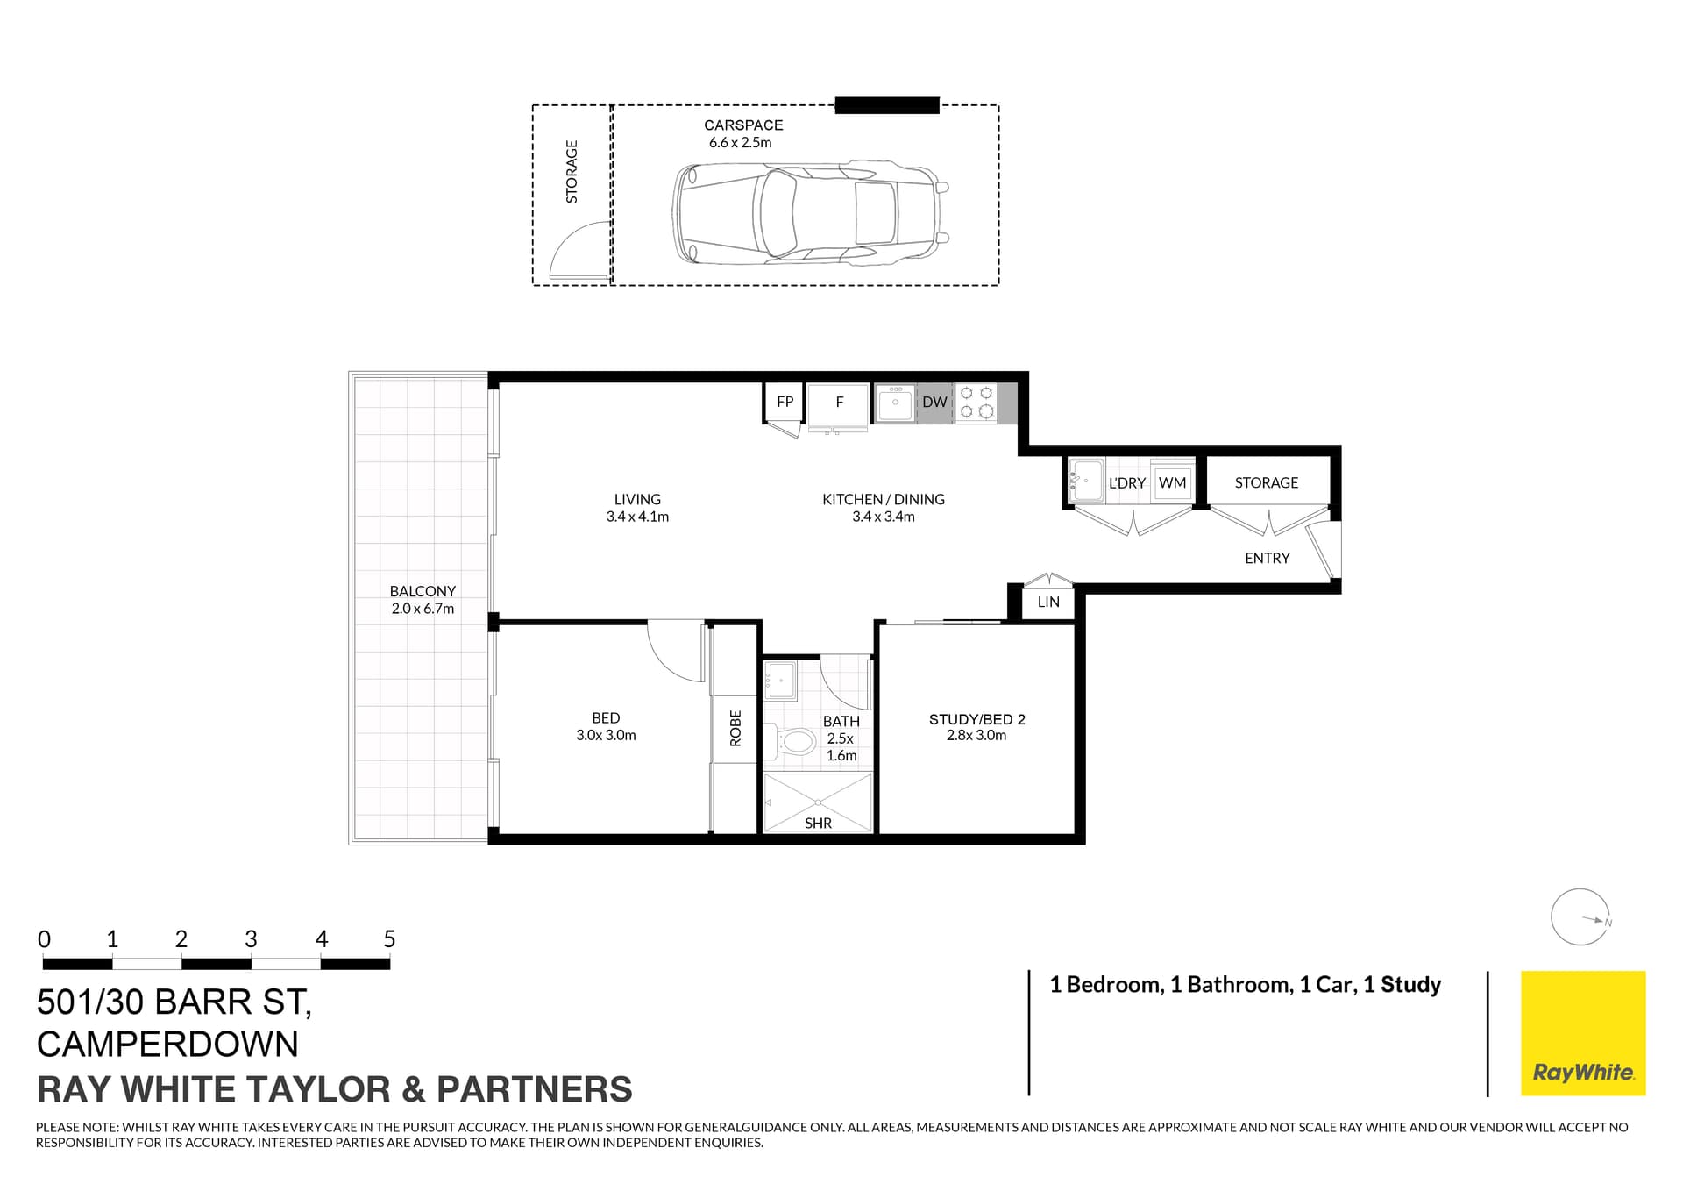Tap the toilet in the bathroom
coord(792,742)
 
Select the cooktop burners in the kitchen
coord(976,403)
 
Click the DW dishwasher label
coord(934,403)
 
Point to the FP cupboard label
coord(785,402)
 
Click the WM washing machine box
coord(1172,483)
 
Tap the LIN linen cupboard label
coord(1048,603)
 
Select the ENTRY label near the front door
coord(1267,558)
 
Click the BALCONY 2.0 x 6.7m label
coord(423,600)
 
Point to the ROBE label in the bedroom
coord(735,728)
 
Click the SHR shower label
coord(818,823)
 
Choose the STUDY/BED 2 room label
coord(976,719)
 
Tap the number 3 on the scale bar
coord(251,939)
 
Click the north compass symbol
coord(1580,917)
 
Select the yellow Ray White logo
coord(1582,1033)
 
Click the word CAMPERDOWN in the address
coord(167,1045)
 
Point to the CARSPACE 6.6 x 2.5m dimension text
coord(741,143)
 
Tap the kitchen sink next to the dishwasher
coord(895,403)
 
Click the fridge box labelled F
coord(839,403)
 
